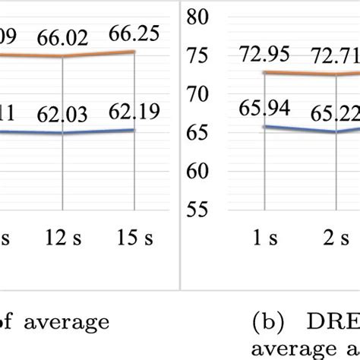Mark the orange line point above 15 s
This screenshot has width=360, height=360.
[135, 52]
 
